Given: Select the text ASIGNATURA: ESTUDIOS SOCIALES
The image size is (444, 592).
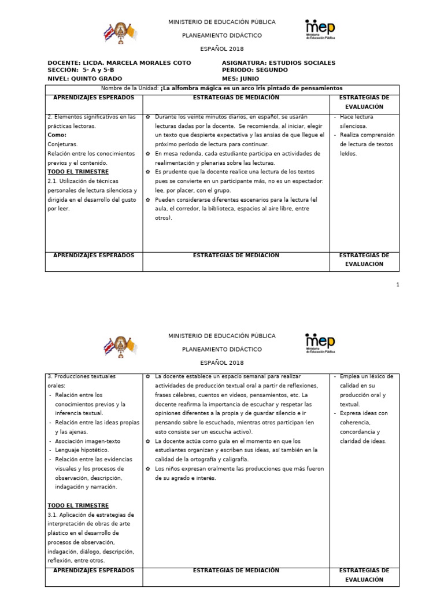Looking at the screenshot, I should (x=278, y=63).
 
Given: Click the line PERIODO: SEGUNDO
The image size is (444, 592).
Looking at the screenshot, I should (x=254, y=71).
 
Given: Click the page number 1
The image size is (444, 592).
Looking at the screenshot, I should (x=398, y=284).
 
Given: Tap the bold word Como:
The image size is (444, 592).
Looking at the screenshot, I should (x=57, y=135).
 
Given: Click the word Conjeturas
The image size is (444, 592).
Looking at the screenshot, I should (x=63, y=144).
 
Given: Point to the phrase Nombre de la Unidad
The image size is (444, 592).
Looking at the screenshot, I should (x=129, y=88).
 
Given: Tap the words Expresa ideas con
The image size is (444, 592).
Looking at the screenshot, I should (x=364, y=413).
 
